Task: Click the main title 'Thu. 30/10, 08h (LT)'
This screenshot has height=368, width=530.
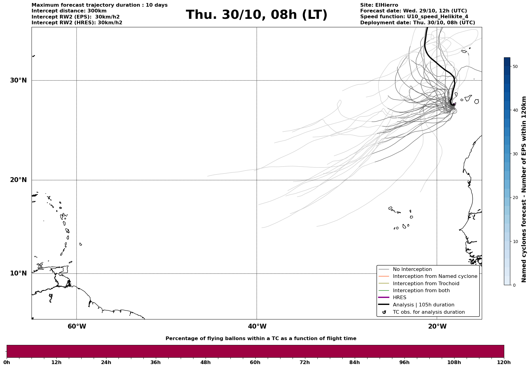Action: (x=257, y=15)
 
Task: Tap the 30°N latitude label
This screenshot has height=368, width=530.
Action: (x=18, y=80)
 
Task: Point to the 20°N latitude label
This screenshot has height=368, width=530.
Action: (x=18, y=180)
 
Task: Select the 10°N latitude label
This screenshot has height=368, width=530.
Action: (x=18, y=273)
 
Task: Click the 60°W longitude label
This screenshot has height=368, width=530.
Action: (x=77, y=326)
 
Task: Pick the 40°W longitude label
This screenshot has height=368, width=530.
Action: (x=257, y=326)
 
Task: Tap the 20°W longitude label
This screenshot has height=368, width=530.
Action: (x=437, y=326)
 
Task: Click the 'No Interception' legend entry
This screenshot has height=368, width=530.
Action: (x=412, y=269)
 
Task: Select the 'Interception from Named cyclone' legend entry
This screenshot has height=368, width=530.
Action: (x=435, y=276)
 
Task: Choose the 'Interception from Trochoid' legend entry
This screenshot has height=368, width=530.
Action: (x=426, y=284)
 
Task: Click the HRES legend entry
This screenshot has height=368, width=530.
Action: (x=399, y=298)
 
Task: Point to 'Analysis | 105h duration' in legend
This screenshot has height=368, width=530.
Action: (x=423, y=305)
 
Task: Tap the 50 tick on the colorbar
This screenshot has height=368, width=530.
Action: (x=515, y=66)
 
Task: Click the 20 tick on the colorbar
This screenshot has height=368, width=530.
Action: (x=515, y=198)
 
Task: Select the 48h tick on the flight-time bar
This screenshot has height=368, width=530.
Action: (x=205, y=363)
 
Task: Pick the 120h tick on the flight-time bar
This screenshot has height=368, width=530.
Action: (x=504, y=363)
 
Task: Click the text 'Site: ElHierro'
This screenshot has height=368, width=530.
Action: (x=379, y=5)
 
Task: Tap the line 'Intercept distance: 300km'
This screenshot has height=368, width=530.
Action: (x=69, y=11)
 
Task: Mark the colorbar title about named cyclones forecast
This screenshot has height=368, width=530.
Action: (x=524, y=189)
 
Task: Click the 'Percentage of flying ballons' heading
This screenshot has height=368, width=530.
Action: (x=261, y=339)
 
